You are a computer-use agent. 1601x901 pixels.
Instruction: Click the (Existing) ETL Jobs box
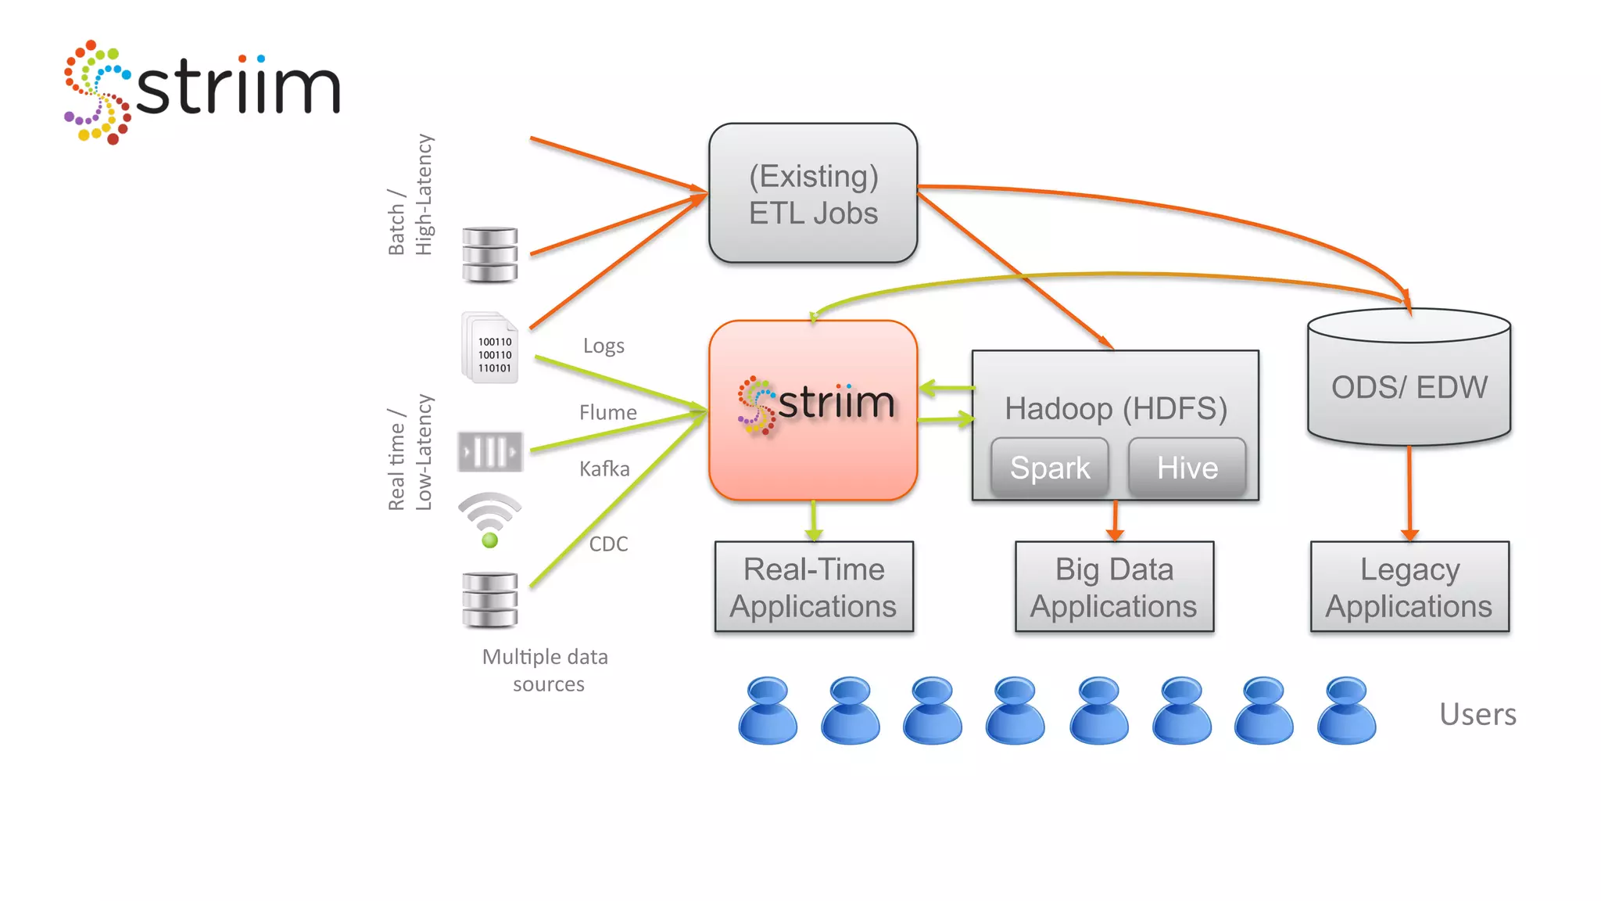click(813, 193)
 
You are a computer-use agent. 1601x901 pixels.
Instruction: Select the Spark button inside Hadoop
click(1049, 468)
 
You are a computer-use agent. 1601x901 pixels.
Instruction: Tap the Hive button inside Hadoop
click(1187, 468)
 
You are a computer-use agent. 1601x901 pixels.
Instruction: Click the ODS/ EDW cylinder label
click(1409, 387)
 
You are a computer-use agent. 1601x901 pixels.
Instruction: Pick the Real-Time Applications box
click(813, 587)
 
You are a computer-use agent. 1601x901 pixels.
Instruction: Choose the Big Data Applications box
click(1114, 587)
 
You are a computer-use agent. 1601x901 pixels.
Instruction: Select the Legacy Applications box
click(1409, 587)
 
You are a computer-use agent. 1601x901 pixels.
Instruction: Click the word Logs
click(604, 346)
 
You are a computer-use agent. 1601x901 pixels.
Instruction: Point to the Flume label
click(607, 412)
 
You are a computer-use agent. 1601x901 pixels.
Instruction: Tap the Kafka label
click(604, 468)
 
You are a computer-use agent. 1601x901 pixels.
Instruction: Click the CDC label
click(608, 544)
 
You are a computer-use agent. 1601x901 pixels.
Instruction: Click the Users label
click(1477, 714)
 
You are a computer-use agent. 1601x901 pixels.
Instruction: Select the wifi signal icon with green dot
click(489, 519)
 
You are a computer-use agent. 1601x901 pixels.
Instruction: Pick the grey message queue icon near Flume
click(490, 451)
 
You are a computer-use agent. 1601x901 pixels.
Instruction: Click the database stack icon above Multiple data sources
click(489, 601)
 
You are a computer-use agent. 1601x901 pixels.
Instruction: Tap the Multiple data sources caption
click(546, 670)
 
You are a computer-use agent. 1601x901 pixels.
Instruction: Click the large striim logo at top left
click(202, 90)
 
